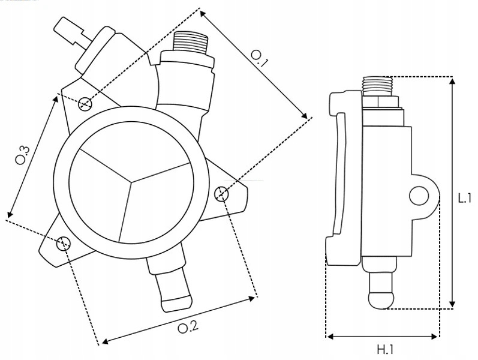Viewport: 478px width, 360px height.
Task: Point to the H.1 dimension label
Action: coord(385,348)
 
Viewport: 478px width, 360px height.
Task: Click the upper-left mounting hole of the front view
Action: coord(85,103)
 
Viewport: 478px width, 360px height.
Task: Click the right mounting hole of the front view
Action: coord(221,193)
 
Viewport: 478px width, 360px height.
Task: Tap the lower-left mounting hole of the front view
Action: coord(63,243)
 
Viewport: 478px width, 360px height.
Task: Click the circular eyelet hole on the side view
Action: coord(418,194)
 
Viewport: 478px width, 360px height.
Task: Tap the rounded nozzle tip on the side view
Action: coord(381,298)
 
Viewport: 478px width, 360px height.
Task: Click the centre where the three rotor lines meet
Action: coord(130,178)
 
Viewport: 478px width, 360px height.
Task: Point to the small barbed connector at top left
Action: coord(71,32)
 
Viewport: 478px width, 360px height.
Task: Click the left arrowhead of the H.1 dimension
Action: coord(329,336)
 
